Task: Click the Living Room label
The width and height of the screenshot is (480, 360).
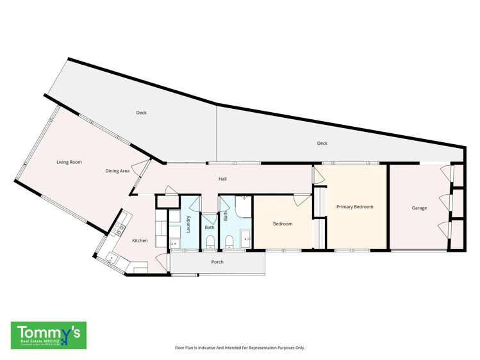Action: click(x=69, y=163)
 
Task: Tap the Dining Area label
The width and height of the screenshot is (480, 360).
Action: click(x=118, y=171)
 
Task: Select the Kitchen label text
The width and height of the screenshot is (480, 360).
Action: click(x=140, y=241)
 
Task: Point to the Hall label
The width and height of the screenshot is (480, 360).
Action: click(x=222, y=179)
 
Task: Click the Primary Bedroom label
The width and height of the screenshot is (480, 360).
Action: click(x=354, y=207)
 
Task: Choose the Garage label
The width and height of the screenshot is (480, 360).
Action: click(x=419, y=208)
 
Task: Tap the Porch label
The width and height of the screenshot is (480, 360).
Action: click(x=217, y=262)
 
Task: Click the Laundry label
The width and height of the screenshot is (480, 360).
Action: click(x=189, y=224)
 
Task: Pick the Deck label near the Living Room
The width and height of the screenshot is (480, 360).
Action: click(x=141, y=113)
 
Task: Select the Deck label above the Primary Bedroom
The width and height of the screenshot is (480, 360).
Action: click(x=322, y=143)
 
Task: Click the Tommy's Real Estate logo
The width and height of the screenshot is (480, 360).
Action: click(x=49, y=334)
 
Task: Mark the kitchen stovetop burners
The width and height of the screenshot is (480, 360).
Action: click(x=119, y=229)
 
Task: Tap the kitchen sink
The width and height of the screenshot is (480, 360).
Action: click(x=110, y=258)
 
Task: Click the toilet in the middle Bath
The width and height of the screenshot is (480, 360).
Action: click(x=210, y=241)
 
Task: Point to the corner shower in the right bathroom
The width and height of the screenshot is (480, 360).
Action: click(x=243, y=206)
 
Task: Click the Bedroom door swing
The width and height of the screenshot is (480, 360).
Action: click(x=300, y=200)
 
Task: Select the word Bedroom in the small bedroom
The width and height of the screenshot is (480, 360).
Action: click(x=283, y=224)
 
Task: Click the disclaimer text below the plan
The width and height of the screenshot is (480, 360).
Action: click(x=240, y=348)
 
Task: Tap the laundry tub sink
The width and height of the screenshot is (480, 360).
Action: click(x=174, y=242)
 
